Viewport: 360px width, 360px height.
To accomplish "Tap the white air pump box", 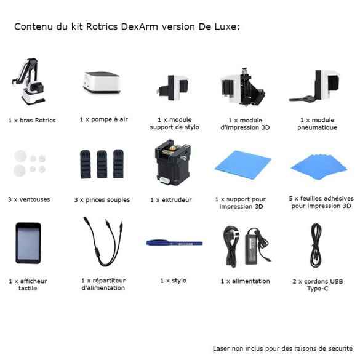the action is pos(102,82).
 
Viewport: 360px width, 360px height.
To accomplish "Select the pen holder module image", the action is pos(173,87).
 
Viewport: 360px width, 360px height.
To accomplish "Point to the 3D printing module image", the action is pos(243,87).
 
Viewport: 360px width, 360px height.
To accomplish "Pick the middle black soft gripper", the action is pos(102,164).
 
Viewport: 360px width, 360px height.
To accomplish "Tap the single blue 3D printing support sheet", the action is pos(243,164).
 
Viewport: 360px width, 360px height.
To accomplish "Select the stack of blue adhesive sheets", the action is pos(319,167).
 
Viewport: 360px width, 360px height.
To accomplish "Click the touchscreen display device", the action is pos(28,243).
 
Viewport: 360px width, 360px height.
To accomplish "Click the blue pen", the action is pos(175,243).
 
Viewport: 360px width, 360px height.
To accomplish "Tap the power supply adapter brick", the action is pos(254,246).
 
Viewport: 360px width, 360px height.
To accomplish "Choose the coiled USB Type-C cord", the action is pos(316,245).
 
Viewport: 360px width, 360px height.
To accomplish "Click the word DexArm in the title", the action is pos(139,26).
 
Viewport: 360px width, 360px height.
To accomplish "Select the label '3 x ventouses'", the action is pos(29,199).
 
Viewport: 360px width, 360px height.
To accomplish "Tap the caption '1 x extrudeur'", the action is pos(171,200).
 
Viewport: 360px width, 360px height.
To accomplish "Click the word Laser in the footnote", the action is pos(222,348).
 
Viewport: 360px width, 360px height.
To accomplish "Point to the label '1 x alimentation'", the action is pos(245,281).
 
